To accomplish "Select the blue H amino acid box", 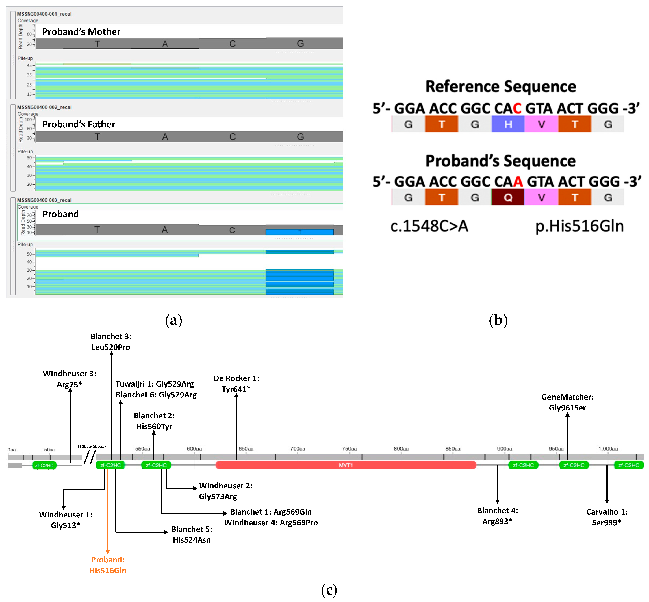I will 508,124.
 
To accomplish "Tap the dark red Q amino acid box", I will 508,197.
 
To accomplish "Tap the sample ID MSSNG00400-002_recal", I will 44,107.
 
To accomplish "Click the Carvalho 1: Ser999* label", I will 607,517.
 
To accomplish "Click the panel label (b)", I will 498,320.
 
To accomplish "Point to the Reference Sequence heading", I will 501,87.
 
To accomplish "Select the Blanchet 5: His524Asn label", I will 192,534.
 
